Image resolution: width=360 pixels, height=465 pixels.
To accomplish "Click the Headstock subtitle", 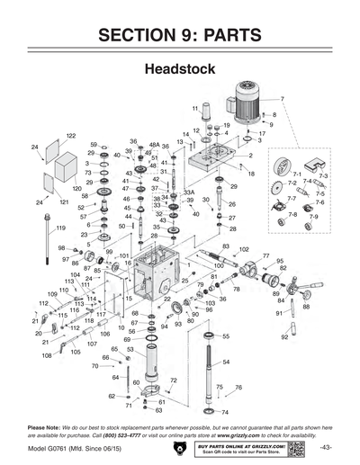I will pos(179,69).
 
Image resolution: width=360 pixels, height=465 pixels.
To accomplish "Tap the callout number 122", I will pos(69,136).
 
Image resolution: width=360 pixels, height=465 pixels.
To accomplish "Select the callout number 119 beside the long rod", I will pos(60,228).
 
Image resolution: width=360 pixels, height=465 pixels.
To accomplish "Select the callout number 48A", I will pos(154,144).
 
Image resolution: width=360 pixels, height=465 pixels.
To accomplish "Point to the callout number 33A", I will pos(189,192).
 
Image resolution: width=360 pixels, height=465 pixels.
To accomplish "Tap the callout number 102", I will pos(243,249).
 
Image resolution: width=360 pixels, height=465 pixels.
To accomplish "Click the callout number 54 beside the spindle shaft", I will pos(226,362).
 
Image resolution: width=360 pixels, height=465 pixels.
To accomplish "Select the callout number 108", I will pos(46,355).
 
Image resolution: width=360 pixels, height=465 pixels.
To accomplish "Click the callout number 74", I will pos(225,412).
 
